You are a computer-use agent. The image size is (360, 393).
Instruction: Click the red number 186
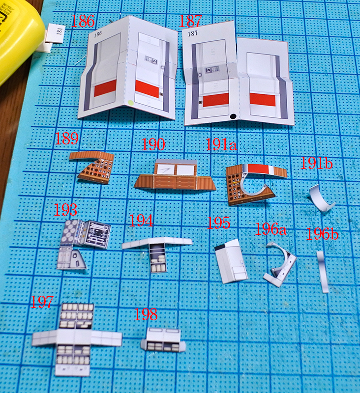tap(83, 21)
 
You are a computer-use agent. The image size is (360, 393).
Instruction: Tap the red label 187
tap(190, 21)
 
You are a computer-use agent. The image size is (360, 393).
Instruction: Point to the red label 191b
tap(316, 163)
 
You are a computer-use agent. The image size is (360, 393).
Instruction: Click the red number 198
tap(146, 314)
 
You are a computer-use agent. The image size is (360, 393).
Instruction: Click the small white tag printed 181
tap(56, 33)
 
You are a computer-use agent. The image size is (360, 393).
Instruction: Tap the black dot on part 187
tap(233, 116)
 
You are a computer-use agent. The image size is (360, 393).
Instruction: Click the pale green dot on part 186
tap(130, 103)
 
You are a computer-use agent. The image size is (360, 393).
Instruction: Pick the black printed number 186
tap(98, 34)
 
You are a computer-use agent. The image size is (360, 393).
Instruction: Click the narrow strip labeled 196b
tap(323, 272)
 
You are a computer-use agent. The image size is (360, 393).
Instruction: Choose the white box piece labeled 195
tap(231, 261)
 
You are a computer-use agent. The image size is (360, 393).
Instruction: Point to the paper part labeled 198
tap(163, 340)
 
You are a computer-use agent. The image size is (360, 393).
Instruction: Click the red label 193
tap(65, 210)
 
